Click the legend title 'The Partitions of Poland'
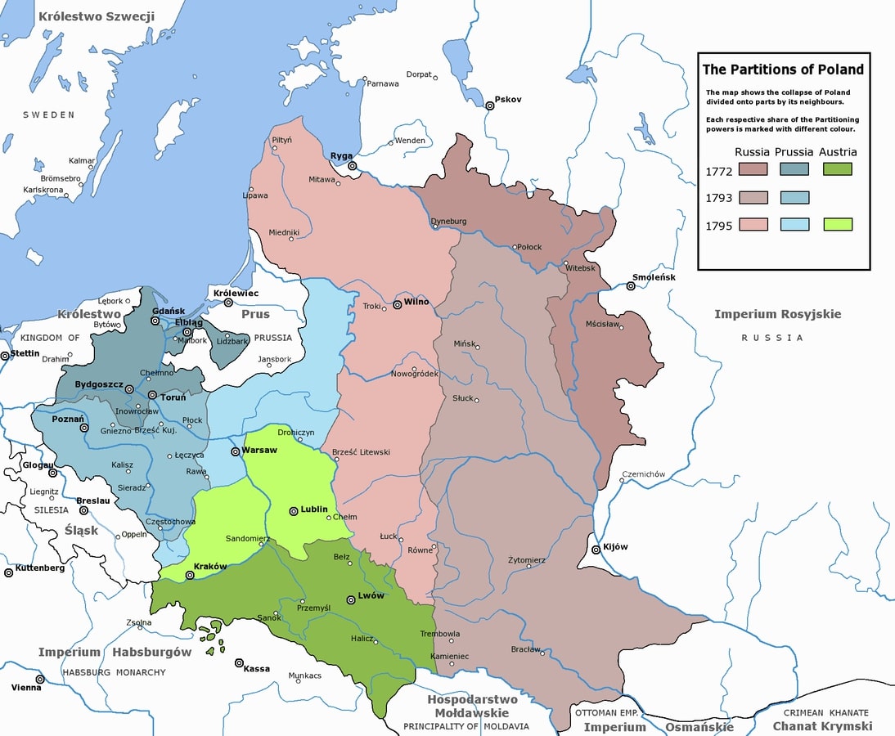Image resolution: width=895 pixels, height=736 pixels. [783, 70]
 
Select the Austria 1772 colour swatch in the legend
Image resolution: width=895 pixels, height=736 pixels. [837, 169]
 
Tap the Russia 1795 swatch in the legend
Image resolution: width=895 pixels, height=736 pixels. [753, 224]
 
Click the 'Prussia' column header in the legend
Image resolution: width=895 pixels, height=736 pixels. [794, 151]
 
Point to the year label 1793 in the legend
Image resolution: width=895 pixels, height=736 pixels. [718, 197]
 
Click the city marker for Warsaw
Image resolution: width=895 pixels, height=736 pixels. [235, 451]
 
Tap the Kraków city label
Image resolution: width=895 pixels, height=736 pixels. [210, 567]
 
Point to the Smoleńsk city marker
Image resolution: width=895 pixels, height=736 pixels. [631, 286]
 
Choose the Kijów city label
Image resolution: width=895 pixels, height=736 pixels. [617, 546]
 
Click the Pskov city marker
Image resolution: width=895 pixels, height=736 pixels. [489, 105]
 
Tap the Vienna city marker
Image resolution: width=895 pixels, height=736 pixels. [39, 679]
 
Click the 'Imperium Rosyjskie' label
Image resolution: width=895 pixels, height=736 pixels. [777, 314]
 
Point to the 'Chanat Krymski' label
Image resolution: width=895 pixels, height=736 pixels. [822, 726]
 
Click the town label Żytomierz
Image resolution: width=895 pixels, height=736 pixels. [526, 560]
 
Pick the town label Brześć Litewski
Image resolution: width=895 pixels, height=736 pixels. [362, 451]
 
